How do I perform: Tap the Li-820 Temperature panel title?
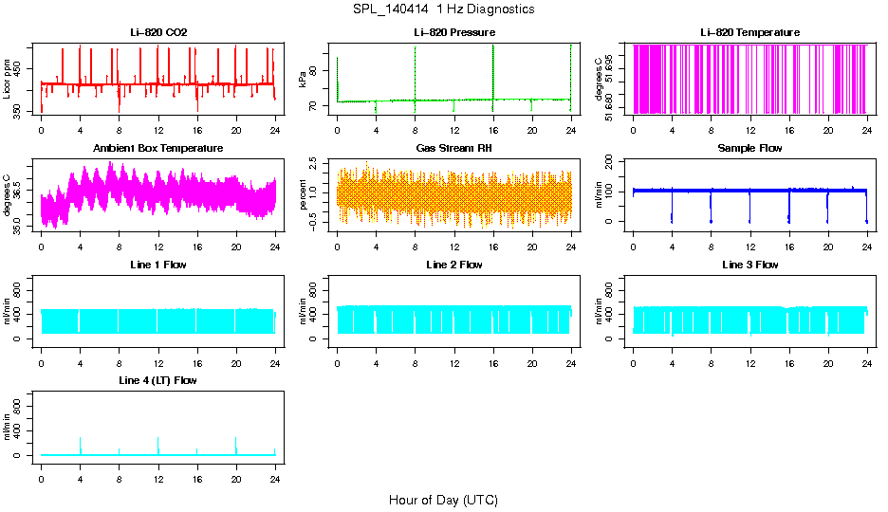coord(749,33)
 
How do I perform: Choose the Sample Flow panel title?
coord(749,149)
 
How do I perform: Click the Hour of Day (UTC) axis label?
coord(443,500)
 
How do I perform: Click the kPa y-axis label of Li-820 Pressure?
coord(303,80)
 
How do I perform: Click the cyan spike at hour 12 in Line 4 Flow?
coord(158,444)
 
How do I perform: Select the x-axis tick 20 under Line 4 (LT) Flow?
coord(236,468)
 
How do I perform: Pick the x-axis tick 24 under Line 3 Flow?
coord(867,353)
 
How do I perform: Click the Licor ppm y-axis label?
coord(8,80)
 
